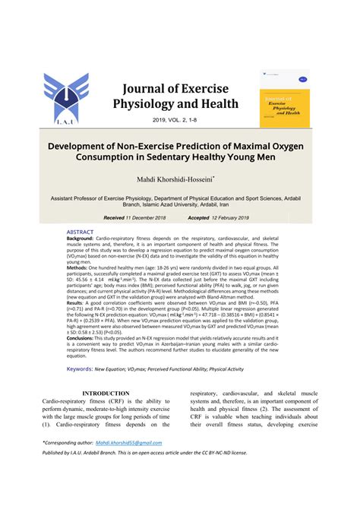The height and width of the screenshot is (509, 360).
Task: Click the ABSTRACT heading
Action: (80, 232)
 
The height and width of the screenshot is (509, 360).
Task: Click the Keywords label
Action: (80, 368)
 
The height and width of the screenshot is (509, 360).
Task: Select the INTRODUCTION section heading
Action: (106, 394)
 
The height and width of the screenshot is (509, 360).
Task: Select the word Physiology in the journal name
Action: (150, 103)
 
